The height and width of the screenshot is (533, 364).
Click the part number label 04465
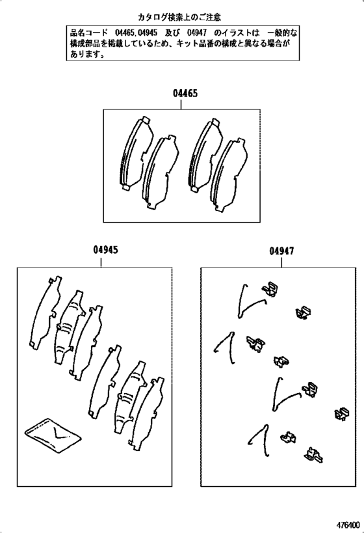pos(185,93)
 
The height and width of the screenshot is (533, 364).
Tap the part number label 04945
pos(106,250)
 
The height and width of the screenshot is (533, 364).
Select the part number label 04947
pos(282,251)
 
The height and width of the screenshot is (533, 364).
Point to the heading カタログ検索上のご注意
pos(179,17)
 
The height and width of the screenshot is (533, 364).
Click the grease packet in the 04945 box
pos(53,435)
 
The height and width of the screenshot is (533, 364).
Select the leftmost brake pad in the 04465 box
pos(136,154)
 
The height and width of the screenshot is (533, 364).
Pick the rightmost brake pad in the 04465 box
pos(229,175)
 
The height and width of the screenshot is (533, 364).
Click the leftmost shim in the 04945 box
pos(45,312)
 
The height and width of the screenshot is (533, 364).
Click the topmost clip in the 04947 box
pos(270,289)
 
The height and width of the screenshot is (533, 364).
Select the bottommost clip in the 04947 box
pos(314,454)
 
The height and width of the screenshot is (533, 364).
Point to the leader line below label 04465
pos(181,103)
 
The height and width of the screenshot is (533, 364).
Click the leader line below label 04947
pos(281,262)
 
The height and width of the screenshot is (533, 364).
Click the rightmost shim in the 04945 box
pos(147,414)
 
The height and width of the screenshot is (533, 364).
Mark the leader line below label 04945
pos(101,262)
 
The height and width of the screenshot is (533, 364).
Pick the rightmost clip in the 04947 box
pos(343,414)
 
